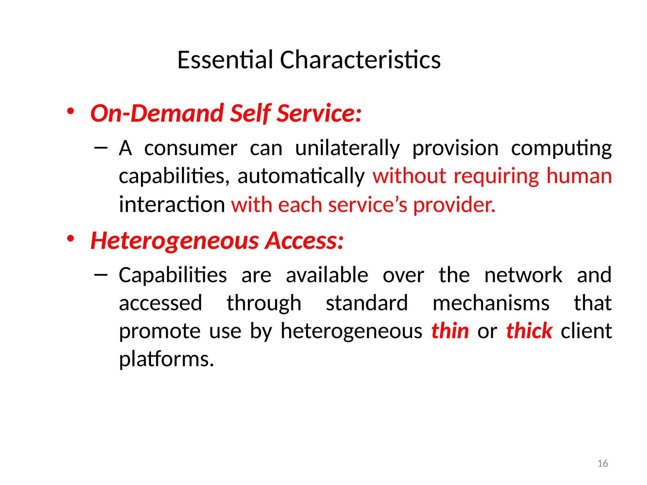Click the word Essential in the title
pos(225,60)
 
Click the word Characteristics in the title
pos(360,60)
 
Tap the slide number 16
pos(603,464)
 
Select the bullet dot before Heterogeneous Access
pos(70,239)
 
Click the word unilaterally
pos(348,148)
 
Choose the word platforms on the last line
pos(166,359)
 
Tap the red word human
pos(579,176)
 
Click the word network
pos(523,275)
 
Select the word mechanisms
pos(491,303)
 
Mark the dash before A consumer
pos(101,147)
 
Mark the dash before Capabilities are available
pos(101,274)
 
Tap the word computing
pos(561,148)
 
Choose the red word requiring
pos(496,176)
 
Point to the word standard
pos(367,303)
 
